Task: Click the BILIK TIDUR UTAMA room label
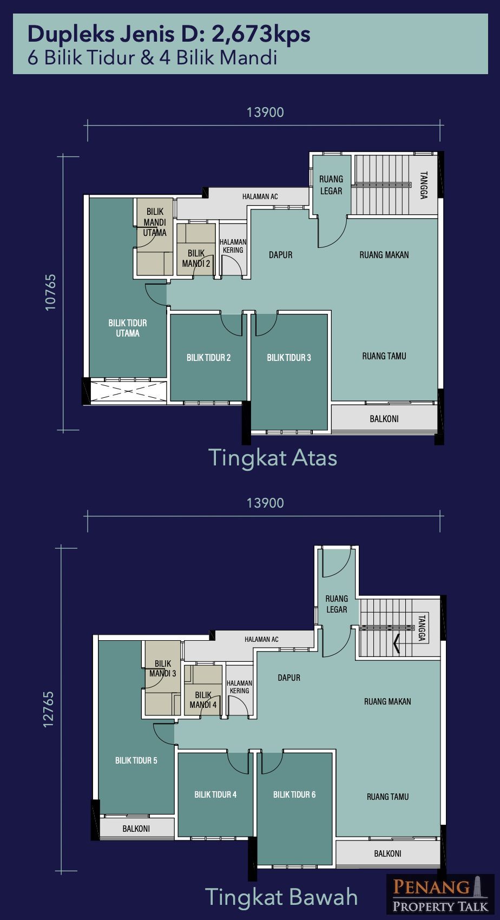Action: tap(128, 328)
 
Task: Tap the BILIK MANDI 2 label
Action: tap(196, 258)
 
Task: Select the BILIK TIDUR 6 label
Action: tap(294, 794)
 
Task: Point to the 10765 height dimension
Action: tap(50, 292)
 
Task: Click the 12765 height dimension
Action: tap(49, 709)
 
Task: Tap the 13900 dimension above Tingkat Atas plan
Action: tap(265, 112)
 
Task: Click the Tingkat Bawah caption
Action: tap(281, 897)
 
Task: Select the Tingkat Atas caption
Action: tap(273, 457)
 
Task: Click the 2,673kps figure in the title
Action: tap(261, 35)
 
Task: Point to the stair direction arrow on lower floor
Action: tap(397, 643)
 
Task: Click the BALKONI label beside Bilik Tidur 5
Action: tap(136, 829)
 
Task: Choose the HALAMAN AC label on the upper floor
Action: tap(260, 196)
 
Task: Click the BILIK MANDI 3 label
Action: tap(162, 668)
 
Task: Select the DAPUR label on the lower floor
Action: tap(289, 677)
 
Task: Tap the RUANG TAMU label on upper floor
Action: tap(384, 356)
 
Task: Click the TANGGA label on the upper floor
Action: tap(424, 185)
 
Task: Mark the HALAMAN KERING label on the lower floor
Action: tap(239, 687)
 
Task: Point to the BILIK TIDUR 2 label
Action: tap(208, 357)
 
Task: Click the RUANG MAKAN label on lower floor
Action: tap(387, 701)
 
